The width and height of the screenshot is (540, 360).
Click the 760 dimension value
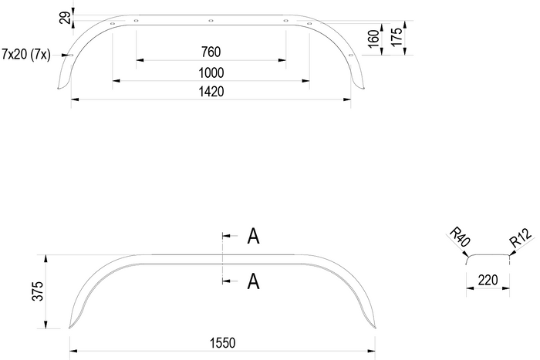pos(211,52)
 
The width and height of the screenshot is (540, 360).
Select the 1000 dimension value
pos(211,72)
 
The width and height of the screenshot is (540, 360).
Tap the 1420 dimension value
pos(211,92)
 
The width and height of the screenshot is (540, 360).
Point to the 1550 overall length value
pos(222,342)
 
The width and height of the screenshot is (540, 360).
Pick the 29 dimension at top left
pos(64,16)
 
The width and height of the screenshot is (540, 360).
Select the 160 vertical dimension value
pos(374,39)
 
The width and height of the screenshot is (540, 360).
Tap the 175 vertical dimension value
pos(397,38)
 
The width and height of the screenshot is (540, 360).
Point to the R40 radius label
pos(459,237)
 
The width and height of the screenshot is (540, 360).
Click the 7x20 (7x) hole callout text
pos(28,53)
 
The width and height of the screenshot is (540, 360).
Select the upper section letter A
pos(252,237)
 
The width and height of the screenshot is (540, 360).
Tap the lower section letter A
pos(252,282)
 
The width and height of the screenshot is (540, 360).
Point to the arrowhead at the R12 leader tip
pos(510,254)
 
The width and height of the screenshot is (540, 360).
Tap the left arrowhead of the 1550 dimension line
pos(73,350)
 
